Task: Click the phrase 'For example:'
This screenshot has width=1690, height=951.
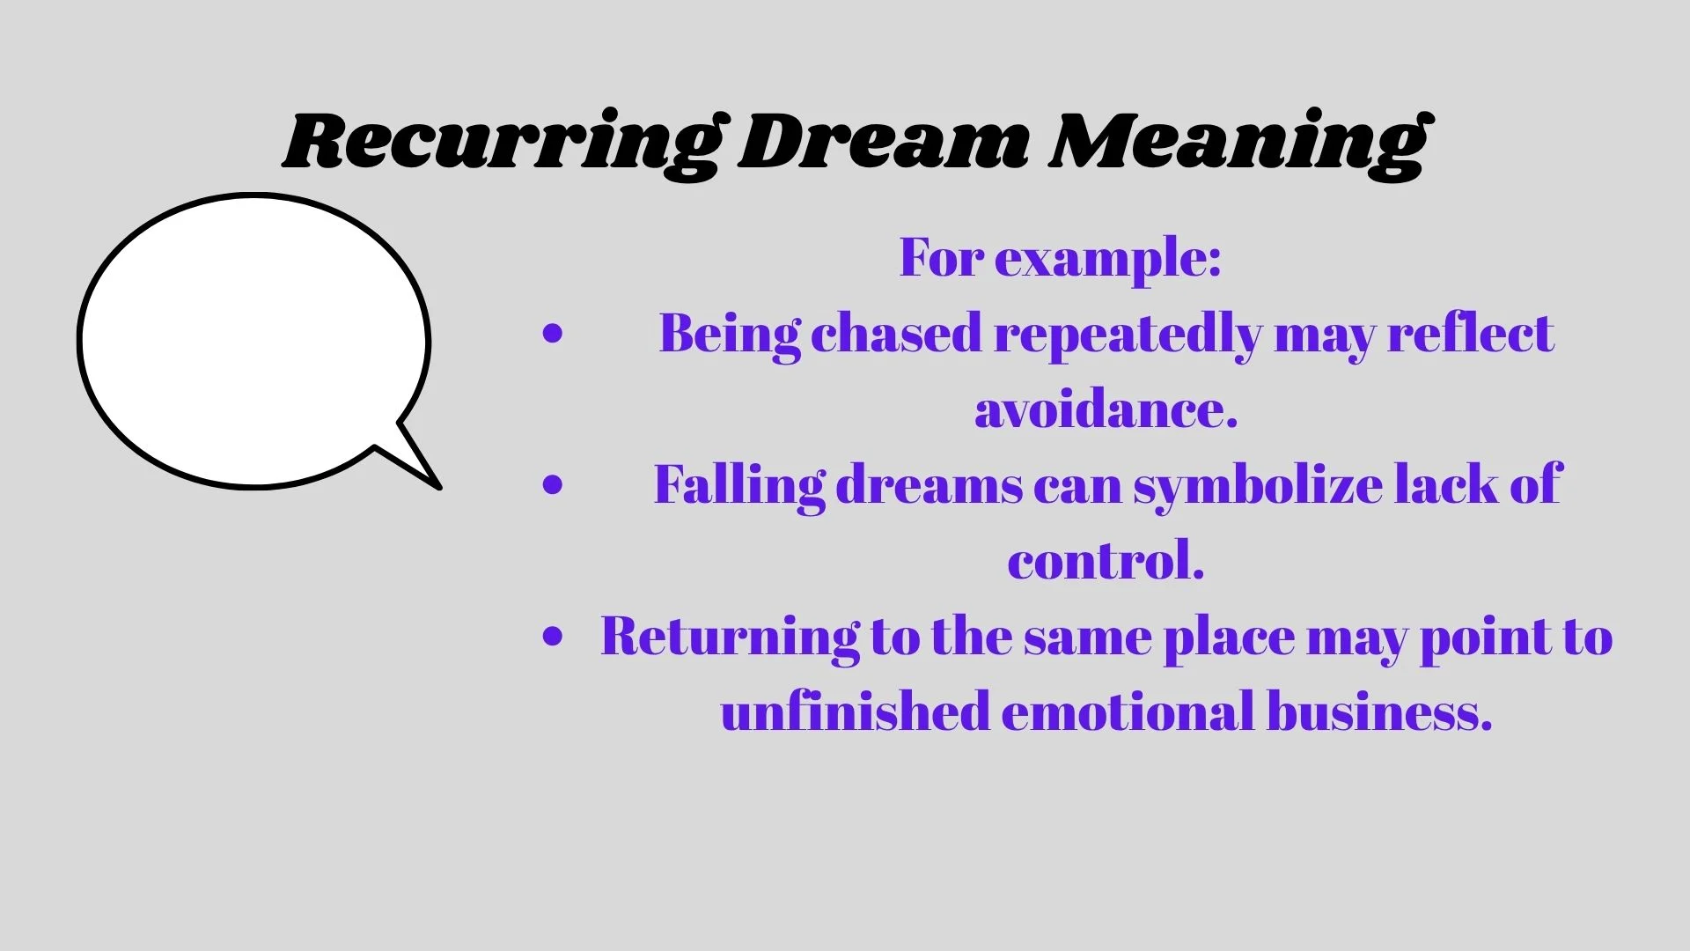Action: coord(1060,258)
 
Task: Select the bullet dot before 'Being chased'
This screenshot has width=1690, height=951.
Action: coord(553,334)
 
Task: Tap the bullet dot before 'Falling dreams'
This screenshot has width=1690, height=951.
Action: coord(553,484)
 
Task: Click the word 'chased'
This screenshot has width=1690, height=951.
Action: coord(896,334)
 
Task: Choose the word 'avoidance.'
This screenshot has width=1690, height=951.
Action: coord(1106,409)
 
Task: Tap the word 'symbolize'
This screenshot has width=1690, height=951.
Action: coord(1258,485)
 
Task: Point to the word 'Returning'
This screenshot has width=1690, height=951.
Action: coord(730,637)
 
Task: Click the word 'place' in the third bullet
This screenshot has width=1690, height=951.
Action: coord(1229,638)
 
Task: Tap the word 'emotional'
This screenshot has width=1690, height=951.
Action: coord(1128,711)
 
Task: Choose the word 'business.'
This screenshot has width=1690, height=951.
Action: coord(1379,711)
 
